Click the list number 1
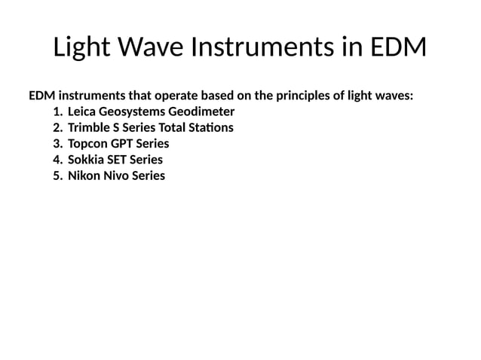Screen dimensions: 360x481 point(57,112)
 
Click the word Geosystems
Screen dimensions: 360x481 point(136,112)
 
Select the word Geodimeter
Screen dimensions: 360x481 point(204,112)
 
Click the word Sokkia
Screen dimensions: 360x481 point(86,160)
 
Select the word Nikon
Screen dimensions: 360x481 point(84,175)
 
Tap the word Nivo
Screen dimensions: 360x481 point(116,175)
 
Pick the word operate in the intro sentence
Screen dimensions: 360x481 point(178,96)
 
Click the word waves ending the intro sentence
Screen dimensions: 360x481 point(394,96)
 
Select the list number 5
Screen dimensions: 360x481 point(57,175)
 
